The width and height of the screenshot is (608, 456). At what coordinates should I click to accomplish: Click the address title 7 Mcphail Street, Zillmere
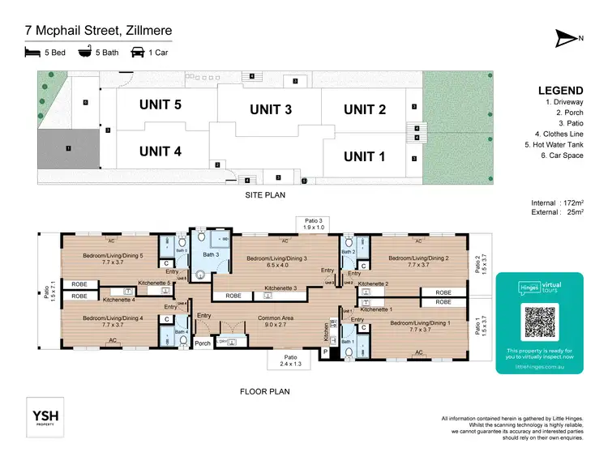click(99, 32)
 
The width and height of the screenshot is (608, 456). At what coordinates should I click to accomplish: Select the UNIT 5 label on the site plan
click(160, 104)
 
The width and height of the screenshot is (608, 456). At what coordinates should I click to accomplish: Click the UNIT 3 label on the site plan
click(271, 109)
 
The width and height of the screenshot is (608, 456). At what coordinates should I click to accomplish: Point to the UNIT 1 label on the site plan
click(364, 156)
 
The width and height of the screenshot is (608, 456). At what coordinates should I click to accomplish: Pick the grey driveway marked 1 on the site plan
click(69, 148)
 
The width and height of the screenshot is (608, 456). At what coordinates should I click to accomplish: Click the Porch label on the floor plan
click(203, 343)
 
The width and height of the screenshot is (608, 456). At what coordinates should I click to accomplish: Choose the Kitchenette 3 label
click(278, 288)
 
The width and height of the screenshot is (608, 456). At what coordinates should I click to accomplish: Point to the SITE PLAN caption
click(264, 195)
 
